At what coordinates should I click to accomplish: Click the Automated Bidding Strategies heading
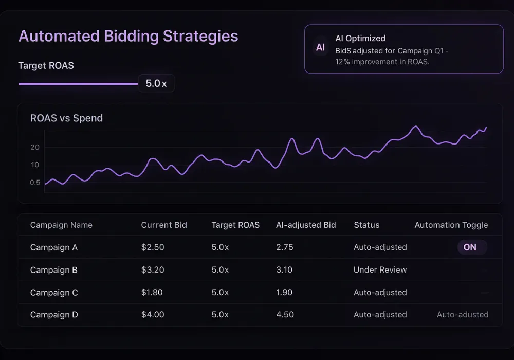click(x=128, y=37)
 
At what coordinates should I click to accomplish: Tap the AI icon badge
click(x=320, y=47)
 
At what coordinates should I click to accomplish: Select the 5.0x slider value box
click(x=156, y=83)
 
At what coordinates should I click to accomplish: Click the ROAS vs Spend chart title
click(x=66, y=118)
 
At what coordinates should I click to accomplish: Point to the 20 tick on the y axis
click(x=35, y=147)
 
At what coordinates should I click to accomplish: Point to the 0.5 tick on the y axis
click(x=35, y=182)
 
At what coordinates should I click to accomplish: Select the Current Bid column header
click(x=164, y=225)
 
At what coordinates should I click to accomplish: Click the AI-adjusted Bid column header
click(x=306, y=225)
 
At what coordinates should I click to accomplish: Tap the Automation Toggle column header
click(x=451, y=225)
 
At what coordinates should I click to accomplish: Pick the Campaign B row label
click(x=54, y=270)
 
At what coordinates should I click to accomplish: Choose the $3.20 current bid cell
click(x=153, y=270)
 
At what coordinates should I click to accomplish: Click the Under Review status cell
click(x=380, y=270)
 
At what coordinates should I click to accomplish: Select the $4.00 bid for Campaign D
click(x=153, y=315)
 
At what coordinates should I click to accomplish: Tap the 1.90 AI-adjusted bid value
click(x=284, y=293)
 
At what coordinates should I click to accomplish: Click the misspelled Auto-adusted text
click(x=463, y=315)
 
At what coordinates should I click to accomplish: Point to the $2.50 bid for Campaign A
click(x=153, y=247)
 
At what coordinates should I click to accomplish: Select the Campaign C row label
click(x=54, y=293)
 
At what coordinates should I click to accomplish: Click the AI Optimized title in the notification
click(x=360, y=38)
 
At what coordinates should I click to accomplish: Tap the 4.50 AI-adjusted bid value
click(x=284, y=315)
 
